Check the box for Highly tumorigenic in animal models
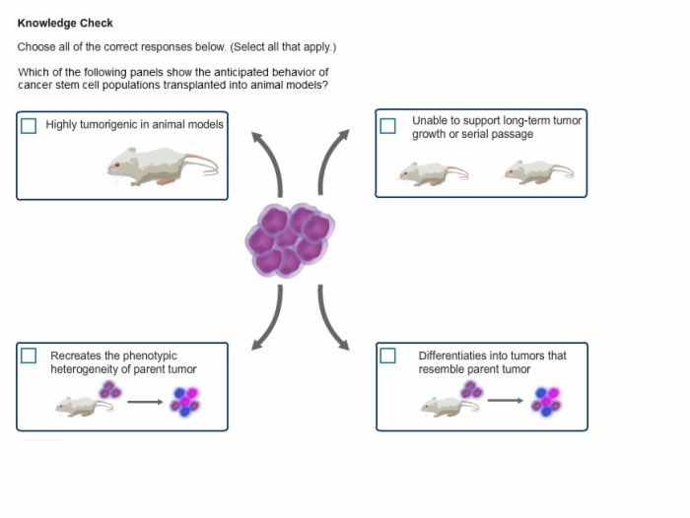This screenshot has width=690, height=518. (29, 126)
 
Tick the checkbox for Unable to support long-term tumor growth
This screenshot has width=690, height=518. (387, 126)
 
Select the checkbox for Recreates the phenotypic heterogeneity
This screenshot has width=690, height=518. (29, 356)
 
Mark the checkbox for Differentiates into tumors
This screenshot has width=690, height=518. (387, 356)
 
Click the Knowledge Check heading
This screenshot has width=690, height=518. (65, 23)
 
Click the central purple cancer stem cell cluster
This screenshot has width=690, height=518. (290, 240)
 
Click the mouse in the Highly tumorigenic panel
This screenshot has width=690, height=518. (163, 166)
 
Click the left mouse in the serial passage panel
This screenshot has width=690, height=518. (434, 173)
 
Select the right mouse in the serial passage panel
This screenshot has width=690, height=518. (538, 172)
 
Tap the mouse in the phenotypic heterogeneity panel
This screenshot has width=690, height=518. (84, 407)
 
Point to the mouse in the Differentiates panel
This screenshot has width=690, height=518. (449, 407)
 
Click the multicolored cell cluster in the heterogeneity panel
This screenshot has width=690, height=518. (185, 401)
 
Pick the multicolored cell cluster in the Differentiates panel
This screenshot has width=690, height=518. (546, 401)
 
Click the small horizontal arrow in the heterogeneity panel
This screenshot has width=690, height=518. (145, 402)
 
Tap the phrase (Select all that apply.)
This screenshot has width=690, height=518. (283, 46)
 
